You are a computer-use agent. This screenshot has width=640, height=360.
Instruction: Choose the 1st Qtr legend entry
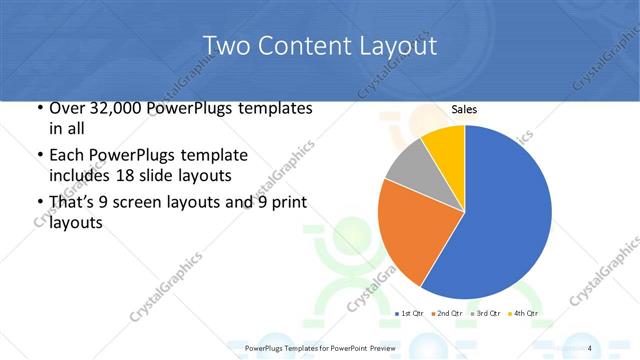(x=410, y=313)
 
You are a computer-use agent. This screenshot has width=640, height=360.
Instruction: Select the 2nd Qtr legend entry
(x=447, y=313)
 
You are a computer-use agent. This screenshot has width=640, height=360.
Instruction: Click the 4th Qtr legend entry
(x=523, y=313)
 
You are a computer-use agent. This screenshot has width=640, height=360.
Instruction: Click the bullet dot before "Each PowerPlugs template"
(x=38, y=156)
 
